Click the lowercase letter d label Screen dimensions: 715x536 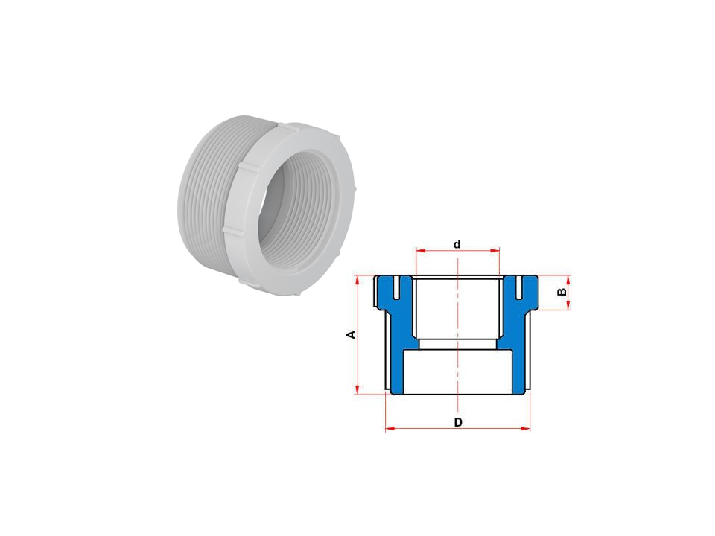click(457, 244)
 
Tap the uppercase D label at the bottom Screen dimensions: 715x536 click(458, 423)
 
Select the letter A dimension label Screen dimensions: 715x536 click(351, 335)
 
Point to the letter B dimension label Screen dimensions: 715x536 click(562, 292)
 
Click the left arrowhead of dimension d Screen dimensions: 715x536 click(419, 250)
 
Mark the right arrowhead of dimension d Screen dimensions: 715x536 click(496, 250)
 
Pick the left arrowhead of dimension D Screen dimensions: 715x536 click(390, 429)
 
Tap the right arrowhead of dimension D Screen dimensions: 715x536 click(526, 429)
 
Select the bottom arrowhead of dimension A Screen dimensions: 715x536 click(357, 389)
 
